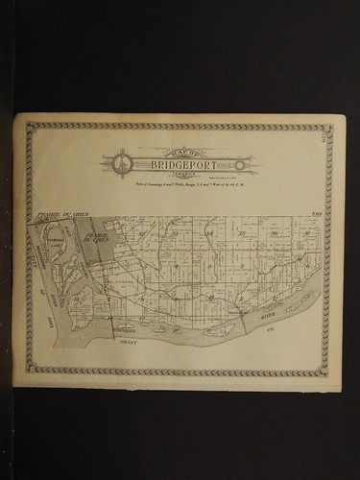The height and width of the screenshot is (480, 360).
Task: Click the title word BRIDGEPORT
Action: tap(180, 164)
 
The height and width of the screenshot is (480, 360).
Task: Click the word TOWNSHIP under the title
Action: tap(180, 173)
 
